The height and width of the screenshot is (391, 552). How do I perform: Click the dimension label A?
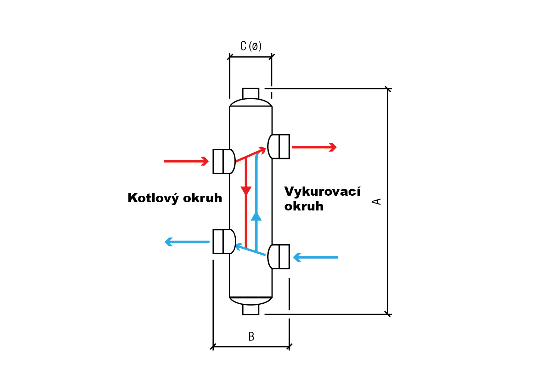376,201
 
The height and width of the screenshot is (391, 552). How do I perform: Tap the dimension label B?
251,336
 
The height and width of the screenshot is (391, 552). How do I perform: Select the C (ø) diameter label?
251,46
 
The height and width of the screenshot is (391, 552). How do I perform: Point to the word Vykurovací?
322,192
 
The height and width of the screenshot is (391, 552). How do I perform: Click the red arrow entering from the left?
186,161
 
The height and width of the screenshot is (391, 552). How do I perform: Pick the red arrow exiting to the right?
314,147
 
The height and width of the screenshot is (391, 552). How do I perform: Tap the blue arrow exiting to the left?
187,242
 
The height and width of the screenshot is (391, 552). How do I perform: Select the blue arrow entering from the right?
315,257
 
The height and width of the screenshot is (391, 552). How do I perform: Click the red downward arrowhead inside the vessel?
246,190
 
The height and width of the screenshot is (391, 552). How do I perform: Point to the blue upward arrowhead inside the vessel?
256,216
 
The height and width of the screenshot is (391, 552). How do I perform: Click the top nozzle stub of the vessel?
251,94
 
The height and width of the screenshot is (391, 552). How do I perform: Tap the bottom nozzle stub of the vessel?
251,309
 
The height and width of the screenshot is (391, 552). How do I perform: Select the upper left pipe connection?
224,161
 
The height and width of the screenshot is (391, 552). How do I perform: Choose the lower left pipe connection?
224,242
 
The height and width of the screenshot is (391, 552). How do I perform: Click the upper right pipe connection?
279,147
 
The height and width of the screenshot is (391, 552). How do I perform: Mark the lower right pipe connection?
279,257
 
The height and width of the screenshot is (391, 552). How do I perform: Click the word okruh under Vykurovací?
304,206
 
